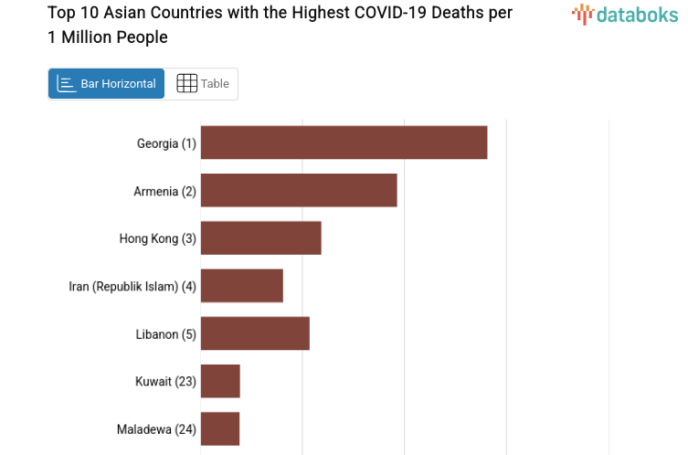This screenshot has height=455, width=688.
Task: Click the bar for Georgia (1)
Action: tap(344, 143)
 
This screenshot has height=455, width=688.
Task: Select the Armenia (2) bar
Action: tap(299, 190)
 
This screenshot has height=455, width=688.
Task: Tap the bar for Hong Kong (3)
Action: tap(260, 238)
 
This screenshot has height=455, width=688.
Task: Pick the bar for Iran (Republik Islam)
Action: tap(241, 286)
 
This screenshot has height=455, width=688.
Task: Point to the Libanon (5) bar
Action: tap(255, 333)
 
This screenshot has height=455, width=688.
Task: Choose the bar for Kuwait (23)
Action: tap(220, 381)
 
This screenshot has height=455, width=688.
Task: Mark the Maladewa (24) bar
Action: tap(220, 429)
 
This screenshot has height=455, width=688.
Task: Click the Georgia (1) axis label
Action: tap(166, 143)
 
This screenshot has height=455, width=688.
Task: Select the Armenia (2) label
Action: tap(164, 191)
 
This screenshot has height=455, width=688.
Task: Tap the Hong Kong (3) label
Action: tap(157, 238)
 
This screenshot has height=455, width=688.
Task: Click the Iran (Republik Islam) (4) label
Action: tap(132, 286)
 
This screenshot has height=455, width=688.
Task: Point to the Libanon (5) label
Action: tap(165, 333)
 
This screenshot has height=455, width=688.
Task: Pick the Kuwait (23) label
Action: tap(165, 381)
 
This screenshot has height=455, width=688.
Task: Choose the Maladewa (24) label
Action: tap(156, 429)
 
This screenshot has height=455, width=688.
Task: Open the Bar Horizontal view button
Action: tap(106, 83)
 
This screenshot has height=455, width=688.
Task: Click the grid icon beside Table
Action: tap(186, 83)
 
